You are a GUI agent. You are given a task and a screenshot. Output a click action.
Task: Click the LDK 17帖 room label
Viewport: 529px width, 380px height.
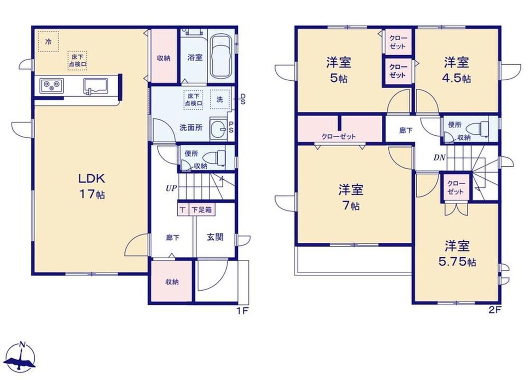coord(92,186)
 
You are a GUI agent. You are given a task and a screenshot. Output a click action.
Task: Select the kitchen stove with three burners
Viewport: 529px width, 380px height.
coord(52,85)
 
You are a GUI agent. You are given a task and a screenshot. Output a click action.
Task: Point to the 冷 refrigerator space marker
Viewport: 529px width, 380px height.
coord(48,41)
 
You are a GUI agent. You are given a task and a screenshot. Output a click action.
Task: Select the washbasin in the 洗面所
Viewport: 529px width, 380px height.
coord(219,128)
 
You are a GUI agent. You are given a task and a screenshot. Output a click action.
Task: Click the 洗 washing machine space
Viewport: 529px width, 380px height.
coord(220,99)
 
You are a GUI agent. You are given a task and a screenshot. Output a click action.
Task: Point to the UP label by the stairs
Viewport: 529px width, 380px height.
coord(171,188)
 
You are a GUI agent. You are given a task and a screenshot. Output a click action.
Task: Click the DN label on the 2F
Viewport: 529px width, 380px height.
coord(440,157)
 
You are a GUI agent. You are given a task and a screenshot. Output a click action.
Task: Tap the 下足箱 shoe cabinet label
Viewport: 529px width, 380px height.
coord(202,210)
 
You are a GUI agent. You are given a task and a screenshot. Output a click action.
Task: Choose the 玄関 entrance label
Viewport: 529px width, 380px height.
coord(215,237)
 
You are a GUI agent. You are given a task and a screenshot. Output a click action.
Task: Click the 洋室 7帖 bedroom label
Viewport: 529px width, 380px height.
coord(351,197)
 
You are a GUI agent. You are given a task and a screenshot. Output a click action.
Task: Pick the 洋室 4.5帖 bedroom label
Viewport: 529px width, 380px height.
coord(456,70)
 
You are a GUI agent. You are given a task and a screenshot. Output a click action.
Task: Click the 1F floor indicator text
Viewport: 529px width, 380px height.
coord(242,311)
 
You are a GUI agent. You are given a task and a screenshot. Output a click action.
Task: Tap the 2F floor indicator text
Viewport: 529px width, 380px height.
coord(495,310)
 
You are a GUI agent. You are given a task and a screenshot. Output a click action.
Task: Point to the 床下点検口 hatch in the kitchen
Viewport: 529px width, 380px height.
coord(77,61)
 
